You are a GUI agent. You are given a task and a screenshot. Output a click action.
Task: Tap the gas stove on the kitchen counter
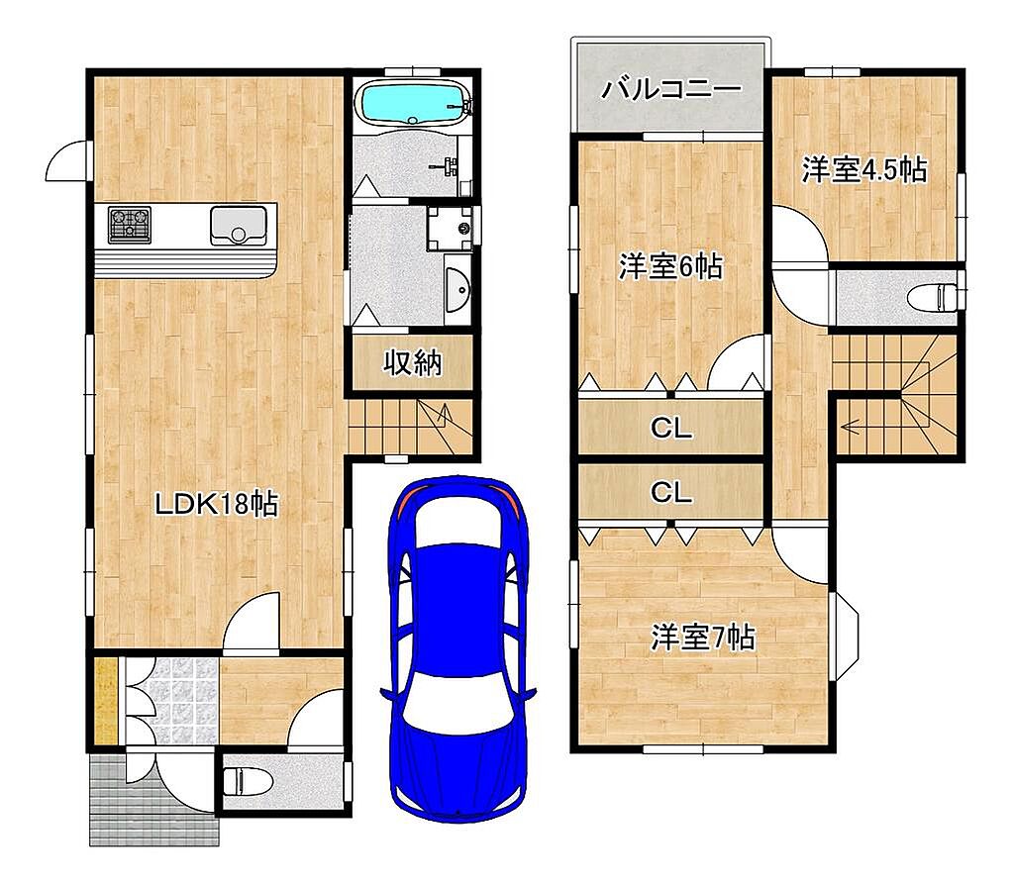pyautogui.click(x=130, y=225)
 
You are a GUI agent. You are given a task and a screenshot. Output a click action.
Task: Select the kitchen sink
pyautogui.click(x=238, y=225)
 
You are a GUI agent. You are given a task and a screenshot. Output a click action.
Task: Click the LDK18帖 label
pyautogui.click(x=217, y=503)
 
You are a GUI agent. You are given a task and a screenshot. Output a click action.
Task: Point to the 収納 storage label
pyautogui.click(x=413, y=362)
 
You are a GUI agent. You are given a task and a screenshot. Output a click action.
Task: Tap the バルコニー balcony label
pyautogui.click(x=671, y=89)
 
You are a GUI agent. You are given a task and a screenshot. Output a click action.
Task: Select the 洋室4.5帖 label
pyautogui.click(x=864, y=169)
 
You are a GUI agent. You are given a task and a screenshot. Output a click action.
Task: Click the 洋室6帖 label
pyautogui.click(x=670, y=265)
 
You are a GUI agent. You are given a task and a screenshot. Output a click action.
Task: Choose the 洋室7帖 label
pyautogui.click(x=702, y=638)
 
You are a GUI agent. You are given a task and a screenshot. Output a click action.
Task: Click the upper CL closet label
pyautogui.click(x=671, y=428)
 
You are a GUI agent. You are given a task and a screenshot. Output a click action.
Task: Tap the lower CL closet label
pyautogui.click(x=671, y=493)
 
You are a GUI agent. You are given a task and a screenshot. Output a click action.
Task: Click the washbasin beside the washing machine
pyautogui.click(x=457, y=288)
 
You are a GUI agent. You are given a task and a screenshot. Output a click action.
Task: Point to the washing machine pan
pyautogui.click(x=451, y=229)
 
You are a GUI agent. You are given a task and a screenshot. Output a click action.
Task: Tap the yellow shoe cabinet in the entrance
pyautogui.click(x=106, y=700)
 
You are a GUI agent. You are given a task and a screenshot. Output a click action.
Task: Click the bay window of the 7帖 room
pyautogui.click(x=844, y=637)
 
